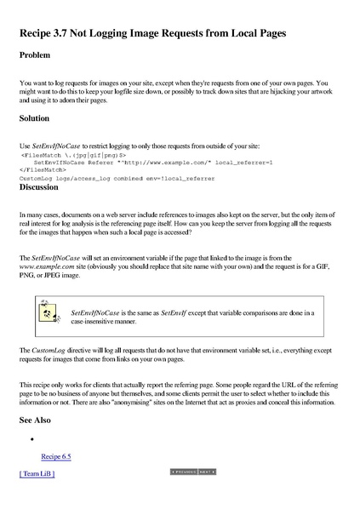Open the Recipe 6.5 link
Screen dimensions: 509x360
(56, 456)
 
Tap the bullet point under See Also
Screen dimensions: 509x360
(31, 439)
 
